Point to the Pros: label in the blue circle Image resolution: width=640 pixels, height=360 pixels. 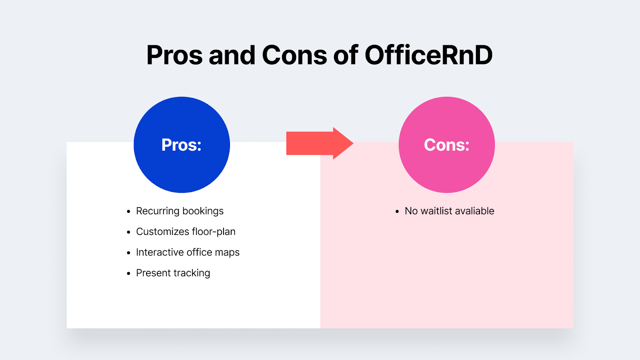(x=181, y=145)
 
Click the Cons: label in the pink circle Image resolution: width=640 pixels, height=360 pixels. (x=446, y=145)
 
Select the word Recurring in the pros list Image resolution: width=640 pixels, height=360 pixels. (x=158, y=211)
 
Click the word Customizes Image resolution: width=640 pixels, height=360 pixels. (x=162, y=232)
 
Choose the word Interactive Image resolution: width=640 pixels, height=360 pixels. (x=160, y=252)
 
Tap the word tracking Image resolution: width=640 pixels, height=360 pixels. (x=192, y=273)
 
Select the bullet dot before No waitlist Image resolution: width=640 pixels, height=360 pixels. (x=397, y=211)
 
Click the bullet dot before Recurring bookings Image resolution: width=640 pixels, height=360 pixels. (x=128, y=211)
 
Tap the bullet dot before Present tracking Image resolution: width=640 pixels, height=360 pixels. (x=128, y=274)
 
